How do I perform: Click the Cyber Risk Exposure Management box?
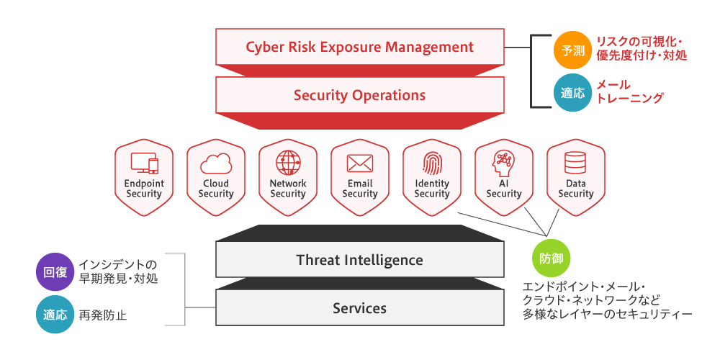tap(359, 47)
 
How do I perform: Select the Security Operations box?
tap(359, 95)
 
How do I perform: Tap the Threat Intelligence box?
tap(359, 260)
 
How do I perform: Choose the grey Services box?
tap(359, 307)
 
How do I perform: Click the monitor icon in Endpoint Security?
tap(144, 163)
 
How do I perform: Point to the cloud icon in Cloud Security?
tap(216, 164)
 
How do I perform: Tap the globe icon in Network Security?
tap(288, 163)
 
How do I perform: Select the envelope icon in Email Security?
tap(360, 163)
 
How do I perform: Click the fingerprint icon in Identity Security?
tap(431, 163)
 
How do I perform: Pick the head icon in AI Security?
tap(504, 163)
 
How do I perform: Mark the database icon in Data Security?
tap(575, 163)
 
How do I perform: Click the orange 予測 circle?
tap(572, 50)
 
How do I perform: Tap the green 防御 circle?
tap(551, 258)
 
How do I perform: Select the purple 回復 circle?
tap(55, 272)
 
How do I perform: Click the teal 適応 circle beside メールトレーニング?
tap(572, 93)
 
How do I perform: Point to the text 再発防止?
tap(103, 315)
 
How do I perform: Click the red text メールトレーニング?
tap(629, 91)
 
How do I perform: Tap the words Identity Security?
tap(431, 188)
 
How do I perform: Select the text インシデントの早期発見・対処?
tap(119, 271)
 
